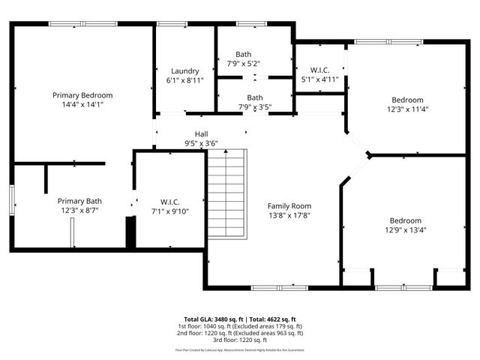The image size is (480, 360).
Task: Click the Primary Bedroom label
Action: [x=82, y=95]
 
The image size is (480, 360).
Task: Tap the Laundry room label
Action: [x=184, y=71]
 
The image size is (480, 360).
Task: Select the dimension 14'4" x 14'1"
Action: [x=82, y=105]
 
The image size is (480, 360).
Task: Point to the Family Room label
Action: [x=289, y=205]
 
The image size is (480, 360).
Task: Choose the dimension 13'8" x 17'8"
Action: [x=289, y=215]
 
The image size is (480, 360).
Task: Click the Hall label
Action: [x=201, y=133]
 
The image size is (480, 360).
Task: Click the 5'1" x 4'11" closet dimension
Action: [x=319, y=79]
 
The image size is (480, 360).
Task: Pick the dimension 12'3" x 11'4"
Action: [x=407, y=109]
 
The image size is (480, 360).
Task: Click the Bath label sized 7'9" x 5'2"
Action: [x=244, y=54]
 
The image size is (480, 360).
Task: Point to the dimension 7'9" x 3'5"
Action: [x=255, y=107]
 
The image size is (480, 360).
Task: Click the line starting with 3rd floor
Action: [x=240, y=340]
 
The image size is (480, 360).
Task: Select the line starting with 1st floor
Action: [x=240, y=326]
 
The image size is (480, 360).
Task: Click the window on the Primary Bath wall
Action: [x=11, y=199]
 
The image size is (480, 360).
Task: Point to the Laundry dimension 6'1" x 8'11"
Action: [x=184, y=81]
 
